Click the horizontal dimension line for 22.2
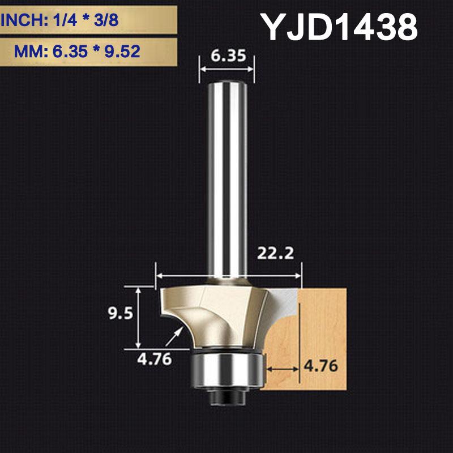click(229, 276)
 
